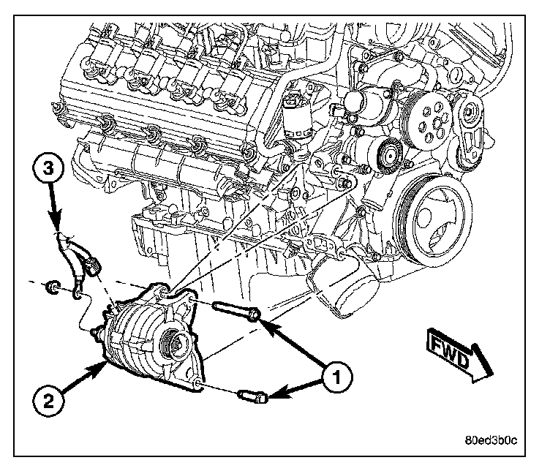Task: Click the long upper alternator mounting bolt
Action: coord(236,310)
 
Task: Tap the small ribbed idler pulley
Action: coord(388,154)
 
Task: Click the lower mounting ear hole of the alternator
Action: coord(197,383)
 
